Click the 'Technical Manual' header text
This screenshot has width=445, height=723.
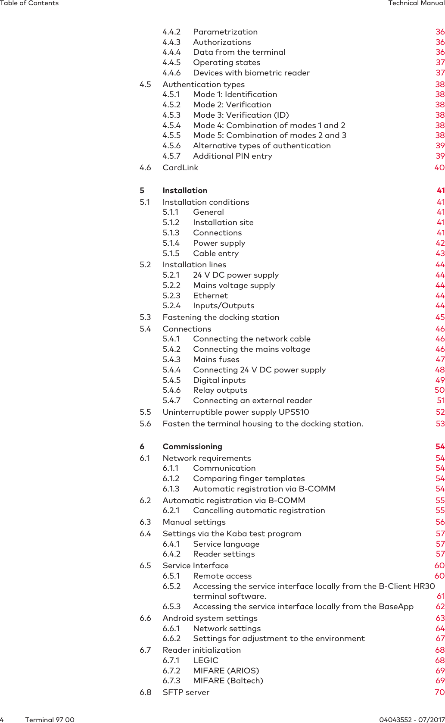coord(416,3)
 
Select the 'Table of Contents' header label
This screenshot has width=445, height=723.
coord(29,3)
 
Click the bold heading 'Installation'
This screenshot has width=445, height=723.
coord(185,191)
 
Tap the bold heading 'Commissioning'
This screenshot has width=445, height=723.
coord(192,447)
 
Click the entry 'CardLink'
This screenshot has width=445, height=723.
coord(180,168)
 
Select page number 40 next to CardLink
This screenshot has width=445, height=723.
coord(439,168)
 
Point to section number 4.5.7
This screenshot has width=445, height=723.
coord(171,156)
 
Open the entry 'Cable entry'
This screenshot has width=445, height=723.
coord(215,254)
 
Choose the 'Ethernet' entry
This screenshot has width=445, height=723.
coord(210,296)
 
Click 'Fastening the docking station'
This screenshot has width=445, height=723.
coord(221,317)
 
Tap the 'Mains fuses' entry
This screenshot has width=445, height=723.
coord(216,360)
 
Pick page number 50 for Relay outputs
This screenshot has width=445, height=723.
coord(439,390)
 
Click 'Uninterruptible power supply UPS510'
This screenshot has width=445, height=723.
coord(236,412)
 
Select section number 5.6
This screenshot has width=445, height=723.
coord(145,424)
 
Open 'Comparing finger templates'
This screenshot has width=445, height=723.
coord(249,479)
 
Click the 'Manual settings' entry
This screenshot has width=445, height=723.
coord(194,522)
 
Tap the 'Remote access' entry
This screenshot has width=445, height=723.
coord(222,576)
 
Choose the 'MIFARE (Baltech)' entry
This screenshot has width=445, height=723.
coord(228,681)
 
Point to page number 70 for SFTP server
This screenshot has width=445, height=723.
coord(439,692)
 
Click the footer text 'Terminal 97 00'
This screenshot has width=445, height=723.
coord(50,720)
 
